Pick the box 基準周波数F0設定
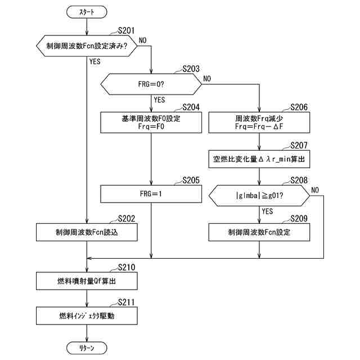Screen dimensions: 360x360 tap(151, 123)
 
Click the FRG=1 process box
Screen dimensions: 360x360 tap(151, 195)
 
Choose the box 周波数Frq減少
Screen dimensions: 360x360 tap(259, 123)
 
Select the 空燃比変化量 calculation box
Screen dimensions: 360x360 tap(259, 159)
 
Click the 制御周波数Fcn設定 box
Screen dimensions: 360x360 tap(259, 231)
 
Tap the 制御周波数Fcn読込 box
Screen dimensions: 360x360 tap(87, 231)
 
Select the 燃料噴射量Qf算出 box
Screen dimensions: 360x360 tap(87, 280)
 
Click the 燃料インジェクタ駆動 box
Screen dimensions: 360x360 tap(87, 316)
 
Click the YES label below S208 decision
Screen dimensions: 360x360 tap(267, 211)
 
